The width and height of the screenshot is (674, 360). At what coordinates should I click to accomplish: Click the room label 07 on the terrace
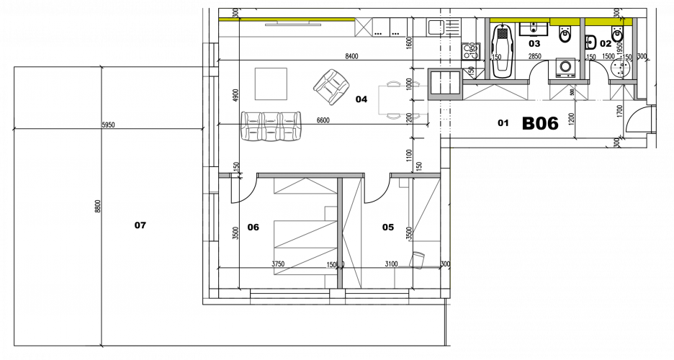coord(140,225)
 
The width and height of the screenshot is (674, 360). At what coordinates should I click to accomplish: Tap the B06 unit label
coord(539,124)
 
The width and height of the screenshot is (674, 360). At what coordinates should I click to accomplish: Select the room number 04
coord(361,100)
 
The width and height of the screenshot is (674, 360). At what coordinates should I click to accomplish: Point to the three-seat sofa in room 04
coord(271,126)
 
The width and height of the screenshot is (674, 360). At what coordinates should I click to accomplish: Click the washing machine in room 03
coord(565,68)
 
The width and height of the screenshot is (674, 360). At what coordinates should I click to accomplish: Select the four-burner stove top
coord(472,51)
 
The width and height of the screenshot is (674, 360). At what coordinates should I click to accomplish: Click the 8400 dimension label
coord(352,55)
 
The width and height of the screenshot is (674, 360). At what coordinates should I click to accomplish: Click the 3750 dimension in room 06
coord(279,264)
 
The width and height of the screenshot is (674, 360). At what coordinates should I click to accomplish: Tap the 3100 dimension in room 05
coord(390,264)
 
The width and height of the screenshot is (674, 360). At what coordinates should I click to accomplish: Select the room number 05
coord(388,228)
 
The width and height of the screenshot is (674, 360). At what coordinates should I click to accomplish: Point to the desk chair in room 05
coord(418,259)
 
